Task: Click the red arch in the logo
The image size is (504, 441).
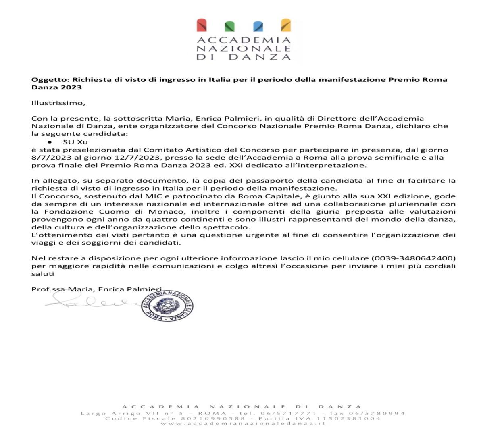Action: coord(202,25)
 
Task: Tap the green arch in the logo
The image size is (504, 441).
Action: coord(229,26)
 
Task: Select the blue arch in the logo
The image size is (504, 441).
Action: coord(258,26)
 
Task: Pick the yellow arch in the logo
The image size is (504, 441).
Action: coord(285,25)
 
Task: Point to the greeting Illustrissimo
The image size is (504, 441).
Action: coord(58,103)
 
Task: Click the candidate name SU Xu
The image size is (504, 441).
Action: coord(75,142)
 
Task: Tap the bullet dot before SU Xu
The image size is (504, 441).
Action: coord(50,142)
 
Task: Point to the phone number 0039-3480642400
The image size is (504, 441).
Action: coord(414,258)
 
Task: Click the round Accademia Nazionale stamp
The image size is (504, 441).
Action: coord(167,306)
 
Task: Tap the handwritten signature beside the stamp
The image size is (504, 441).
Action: coord(91,302)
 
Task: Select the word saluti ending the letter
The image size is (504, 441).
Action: coord(43,274)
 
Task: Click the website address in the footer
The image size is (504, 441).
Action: coord(243,424)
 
